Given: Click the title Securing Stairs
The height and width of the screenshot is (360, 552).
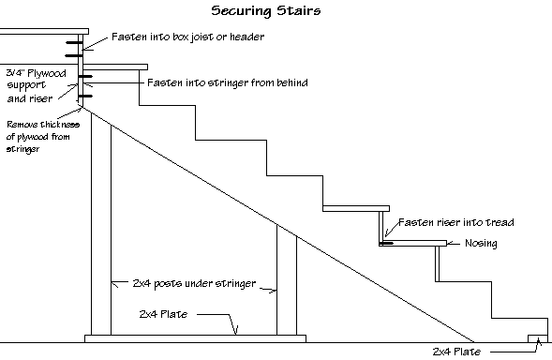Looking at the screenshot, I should click(x=266, y=12).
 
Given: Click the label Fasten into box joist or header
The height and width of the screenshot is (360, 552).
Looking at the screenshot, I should click(x=188, y=37).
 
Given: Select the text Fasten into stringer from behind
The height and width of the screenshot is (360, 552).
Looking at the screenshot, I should click(x=228, y=82).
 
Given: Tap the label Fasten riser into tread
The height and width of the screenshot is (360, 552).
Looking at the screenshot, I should click(x=456, y=223).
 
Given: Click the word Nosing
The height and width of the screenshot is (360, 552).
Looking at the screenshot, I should click(x=480, y=244).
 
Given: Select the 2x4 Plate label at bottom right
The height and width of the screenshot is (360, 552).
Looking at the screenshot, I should click(x=456, y=352).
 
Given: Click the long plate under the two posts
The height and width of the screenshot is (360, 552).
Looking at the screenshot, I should click(x=195, y=337).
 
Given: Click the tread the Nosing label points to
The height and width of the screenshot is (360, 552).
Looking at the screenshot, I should click(x=412, y=245).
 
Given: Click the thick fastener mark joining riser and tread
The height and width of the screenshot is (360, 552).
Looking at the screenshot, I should click(x=385, y=244).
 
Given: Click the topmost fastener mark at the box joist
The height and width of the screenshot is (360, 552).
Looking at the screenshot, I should click(x=72, y=41).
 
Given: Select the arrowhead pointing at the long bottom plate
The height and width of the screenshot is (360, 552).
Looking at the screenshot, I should click(x=239, y=332).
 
